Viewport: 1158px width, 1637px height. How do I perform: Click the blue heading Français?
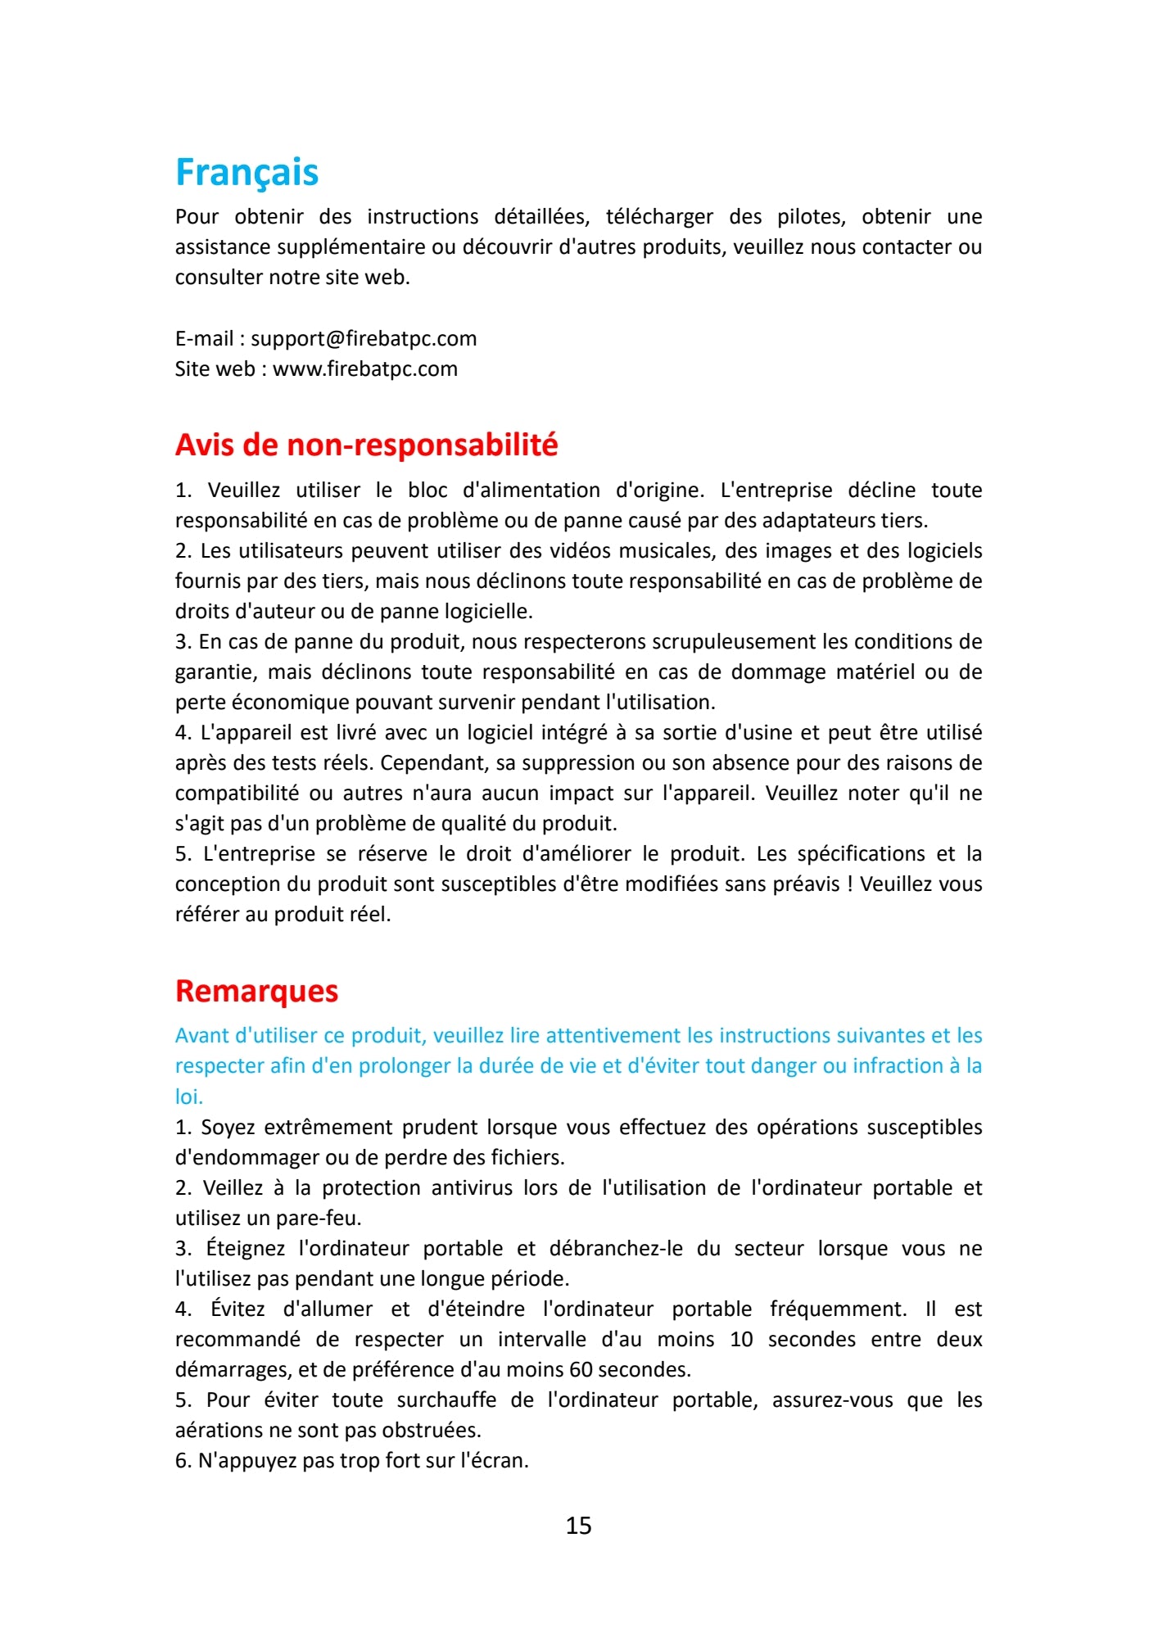coord(247,173)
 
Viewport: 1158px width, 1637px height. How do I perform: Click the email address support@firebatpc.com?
coord(364,339)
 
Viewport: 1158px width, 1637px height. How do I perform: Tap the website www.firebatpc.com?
coord(365,369)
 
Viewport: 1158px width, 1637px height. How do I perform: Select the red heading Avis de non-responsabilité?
coord(366,445)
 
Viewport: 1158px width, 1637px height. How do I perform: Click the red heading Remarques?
coord(256,992)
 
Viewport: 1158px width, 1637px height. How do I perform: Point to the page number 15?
coord(578,1526)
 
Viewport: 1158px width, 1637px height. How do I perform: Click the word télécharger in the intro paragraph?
coord(659,217)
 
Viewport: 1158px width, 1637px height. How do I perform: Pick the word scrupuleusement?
coord(734,642)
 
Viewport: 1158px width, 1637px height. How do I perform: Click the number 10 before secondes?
coord(741,1340)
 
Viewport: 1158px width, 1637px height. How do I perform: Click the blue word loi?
coord(188,1097)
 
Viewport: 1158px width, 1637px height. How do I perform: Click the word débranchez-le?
coord(616,1249)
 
